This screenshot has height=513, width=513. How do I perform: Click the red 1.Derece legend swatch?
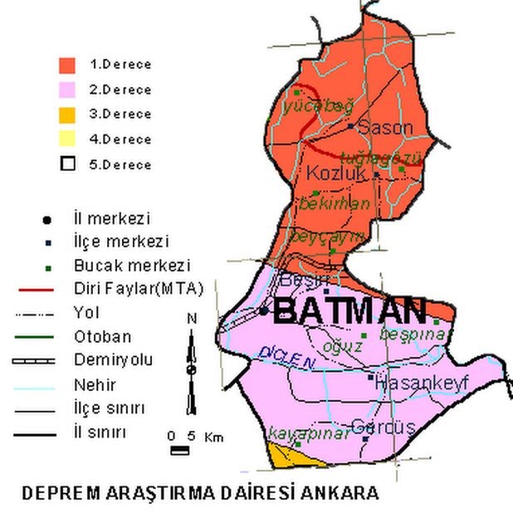(x=68, y=64)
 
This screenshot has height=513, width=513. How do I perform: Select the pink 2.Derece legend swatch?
(x=68, y=89)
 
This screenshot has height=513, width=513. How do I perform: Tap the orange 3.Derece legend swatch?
(x=68, y=114)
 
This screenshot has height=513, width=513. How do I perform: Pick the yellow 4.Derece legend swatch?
(x=68, y=139)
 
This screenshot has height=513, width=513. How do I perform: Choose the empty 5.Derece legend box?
(x=68, y=164)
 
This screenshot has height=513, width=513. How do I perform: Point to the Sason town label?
(x=384, y=127)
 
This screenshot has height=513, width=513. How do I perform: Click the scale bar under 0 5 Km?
(x=179, y=451)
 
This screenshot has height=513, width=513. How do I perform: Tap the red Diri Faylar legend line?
(x=34, y=289)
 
